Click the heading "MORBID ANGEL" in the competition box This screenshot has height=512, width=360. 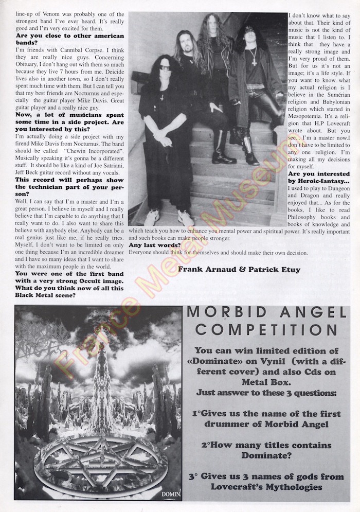click(x=266, y=312)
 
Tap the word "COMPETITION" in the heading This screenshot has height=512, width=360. click(x=266, y=329)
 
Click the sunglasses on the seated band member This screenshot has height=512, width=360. click(x=165, y=67)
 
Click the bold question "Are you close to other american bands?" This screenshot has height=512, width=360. click(x=70, y=40)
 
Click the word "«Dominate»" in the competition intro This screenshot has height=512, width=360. click(x=220, y=361)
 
